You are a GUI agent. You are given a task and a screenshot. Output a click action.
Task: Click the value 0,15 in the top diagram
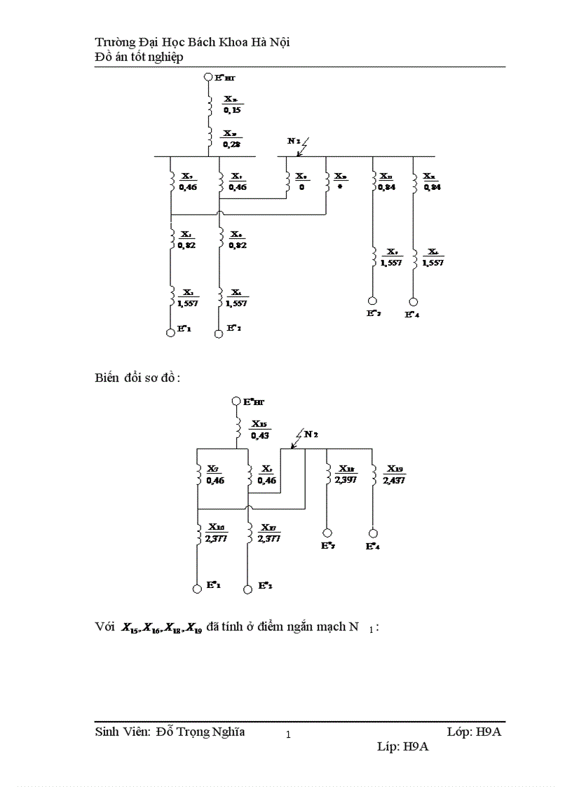232,110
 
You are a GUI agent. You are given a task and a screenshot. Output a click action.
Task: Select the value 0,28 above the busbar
232,144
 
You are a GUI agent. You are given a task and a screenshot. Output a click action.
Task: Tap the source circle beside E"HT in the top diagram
208,79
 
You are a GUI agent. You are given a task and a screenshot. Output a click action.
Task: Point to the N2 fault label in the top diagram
294,141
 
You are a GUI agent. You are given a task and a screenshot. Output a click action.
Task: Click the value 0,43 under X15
260,435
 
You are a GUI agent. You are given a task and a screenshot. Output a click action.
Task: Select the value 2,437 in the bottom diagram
394,480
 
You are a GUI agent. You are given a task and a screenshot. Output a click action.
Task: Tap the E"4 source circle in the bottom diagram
374,533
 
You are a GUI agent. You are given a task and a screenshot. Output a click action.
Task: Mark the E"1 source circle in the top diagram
170,333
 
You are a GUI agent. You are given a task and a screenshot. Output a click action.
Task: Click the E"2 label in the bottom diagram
266,584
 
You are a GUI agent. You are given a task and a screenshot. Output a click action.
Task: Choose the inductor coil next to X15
238,425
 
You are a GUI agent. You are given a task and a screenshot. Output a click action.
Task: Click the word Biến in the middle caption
107,378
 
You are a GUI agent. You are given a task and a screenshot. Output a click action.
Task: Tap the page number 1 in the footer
288,735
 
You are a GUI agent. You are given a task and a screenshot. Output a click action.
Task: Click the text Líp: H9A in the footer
402,747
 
